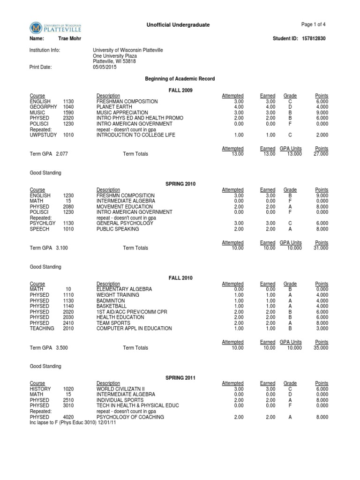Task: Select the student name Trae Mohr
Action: (69, 39)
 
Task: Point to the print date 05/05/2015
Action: (105, 67)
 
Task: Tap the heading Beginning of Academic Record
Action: (180, 79)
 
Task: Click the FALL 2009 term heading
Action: (180, 90)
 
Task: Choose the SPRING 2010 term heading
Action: (180, 184)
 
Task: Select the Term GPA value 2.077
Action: (62, 154)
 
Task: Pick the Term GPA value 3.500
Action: (62, 348)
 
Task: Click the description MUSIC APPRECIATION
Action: (122, 113)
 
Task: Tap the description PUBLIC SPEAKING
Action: (117, 229)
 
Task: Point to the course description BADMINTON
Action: (111, 301)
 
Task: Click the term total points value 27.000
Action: (321, 154)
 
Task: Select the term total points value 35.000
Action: (321, 348)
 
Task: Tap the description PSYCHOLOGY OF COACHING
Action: (130, 417)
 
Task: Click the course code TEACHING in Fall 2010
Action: (42, 329)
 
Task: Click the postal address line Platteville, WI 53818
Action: (114, 61)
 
